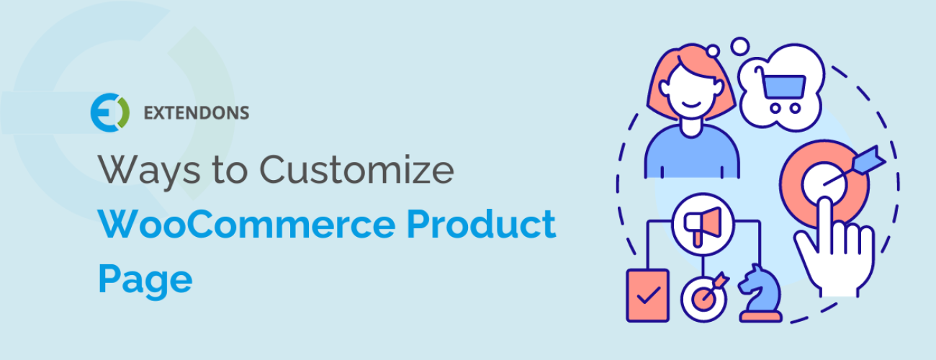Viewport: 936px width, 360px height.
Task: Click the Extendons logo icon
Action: point(109,112)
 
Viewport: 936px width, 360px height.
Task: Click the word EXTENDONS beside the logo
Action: point(196,112)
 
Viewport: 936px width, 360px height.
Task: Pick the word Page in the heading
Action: point(145,279)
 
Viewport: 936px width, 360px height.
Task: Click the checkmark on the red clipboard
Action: point(648,295)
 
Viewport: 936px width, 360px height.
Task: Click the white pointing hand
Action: point(835,245)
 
